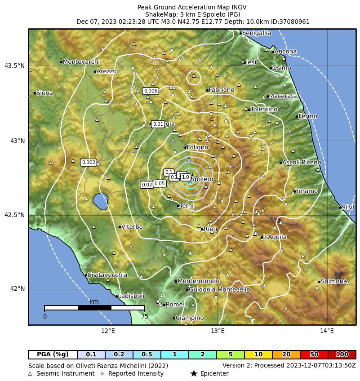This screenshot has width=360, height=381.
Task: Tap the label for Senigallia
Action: [256, 33]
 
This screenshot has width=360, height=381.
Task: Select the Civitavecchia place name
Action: [107, 275]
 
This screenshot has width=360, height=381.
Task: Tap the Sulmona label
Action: [333, 282]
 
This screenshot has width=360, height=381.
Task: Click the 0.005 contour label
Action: [151, 91]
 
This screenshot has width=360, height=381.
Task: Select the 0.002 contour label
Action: [89, 163]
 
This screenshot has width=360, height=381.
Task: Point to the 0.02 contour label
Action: [147, 185]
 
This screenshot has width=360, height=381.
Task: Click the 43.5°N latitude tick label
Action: [14, 66]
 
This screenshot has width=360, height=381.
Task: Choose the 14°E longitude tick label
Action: [327, 332]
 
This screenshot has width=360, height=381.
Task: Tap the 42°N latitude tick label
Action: [18, 288]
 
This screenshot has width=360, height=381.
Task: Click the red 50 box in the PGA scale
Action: [314, 355]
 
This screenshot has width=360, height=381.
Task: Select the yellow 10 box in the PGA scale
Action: [258, 355]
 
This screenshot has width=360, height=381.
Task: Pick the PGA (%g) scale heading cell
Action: [53, 355]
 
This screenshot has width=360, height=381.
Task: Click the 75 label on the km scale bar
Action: [144, 316]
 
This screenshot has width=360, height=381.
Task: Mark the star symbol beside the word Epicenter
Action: [194, 374]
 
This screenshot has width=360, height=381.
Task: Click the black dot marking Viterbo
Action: [120, 227]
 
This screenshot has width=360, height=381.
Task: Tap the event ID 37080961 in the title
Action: [294, 22]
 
